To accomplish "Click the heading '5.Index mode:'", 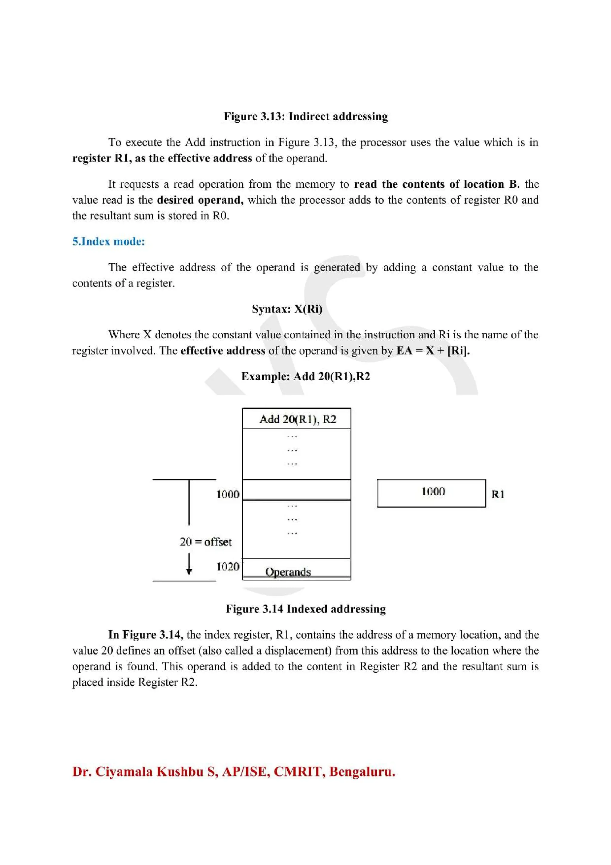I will (x=108, y=241).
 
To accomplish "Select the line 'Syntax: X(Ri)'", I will (x=287, y=309).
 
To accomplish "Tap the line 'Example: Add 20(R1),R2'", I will (x=305, y=376).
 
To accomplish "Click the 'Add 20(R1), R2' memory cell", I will (x=297, y=419).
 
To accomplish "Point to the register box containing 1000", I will (x=431, y=493).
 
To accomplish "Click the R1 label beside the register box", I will (x=497, y=494).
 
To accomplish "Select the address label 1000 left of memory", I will (x=227, y=494).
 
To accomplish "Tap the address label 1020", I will (x=227, y=566).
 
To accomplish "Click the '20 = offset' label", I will (x=206, y=542).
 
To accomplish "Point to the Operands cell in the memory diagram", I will (x=288, y=572).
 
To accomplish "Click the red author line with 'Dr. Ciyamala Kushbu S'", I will (x=233, y=772).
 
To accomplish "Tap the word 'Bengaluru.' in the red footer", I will (x=362, y=772).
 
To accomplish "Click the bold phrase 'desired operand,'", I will (x=200, y=200).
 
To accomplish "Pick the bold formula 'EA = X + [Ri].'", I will (x=433, y=351).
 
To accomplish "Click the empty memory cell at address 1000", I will (x=296, y=490).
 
